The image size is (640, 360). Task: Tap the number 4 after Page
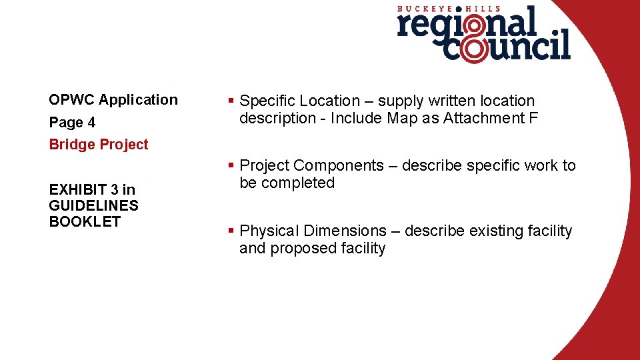point(91,123)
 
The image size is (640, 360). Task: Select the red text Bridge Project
point(99,145)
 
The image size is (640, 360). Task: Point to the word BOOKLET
point(85,221)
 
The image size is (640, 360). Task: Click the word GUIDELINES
point(93,205)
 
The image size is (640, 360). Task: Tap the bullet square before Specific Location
point(230,101)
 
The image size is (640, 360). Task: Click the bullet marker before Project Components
point(230,165)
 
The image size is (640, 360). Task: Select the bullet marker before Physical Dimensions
point(230,231)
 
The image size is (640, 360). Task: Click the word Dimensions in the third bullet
point(345,231)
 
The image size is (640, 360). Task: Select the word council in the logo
point(507,49)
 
